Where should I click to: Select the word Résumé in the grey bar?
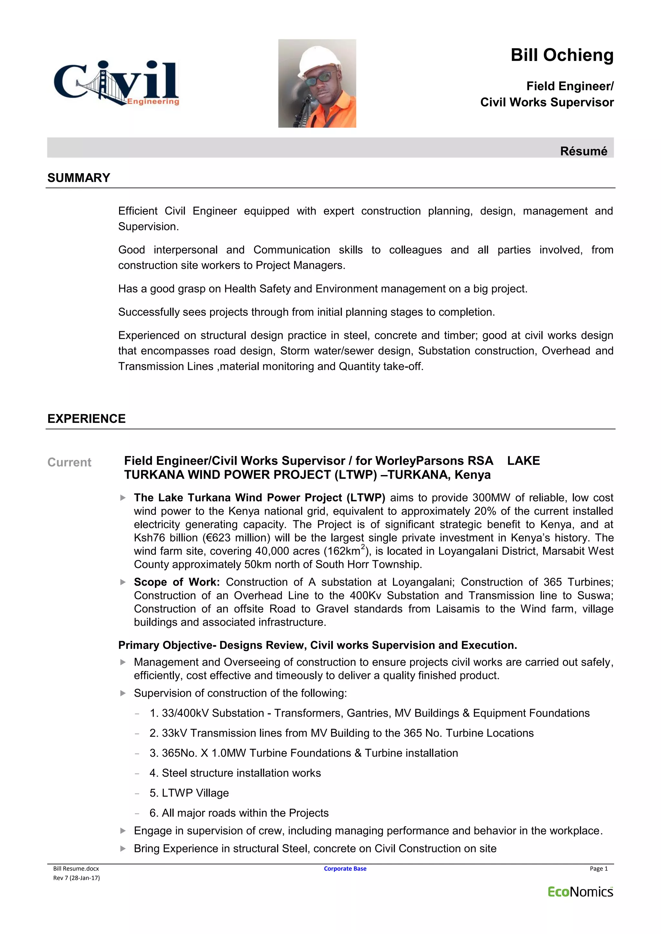click(583, 151)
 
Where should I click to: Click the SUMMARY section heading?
click(78, 178)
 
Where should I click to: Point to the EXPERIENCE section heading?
click(86, 419)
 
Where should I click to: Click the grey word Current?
click(69, 462)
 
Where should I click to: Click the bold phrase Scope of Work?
click(177, 582)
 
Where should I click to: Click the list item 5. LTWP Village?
click(189, 793)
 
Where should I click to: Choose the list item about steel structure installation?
click(235, 773)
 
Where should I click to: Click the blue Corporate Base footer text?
click(345, 869)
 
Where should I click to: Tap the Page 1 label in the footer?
click(598, 869)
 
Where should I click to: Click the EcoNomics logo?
click(580, 892)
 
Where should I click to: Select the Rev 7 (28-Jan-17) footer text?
click(76, 878)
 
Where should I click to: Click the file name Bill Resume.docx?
click(76, 869)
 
